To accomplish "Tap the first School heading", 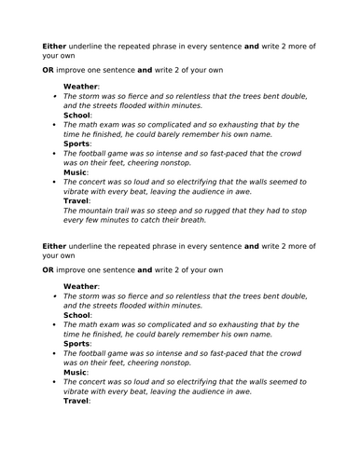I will pyautogui.click(x=79, y=115).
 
